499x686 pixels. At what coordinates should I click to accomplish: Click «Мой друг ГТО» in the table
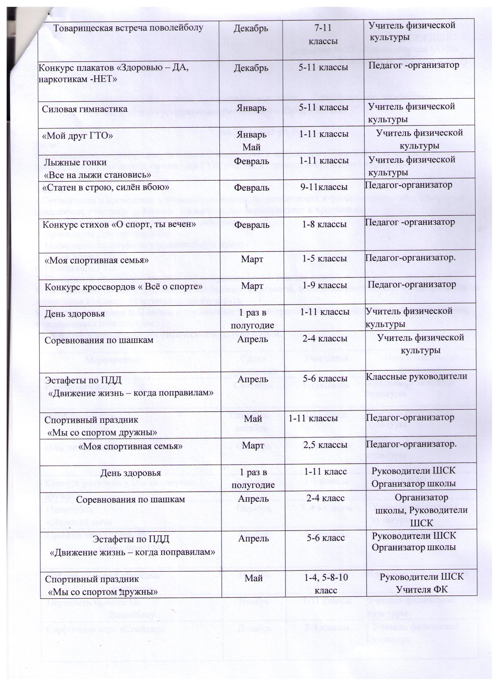[x=77, y=136]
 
